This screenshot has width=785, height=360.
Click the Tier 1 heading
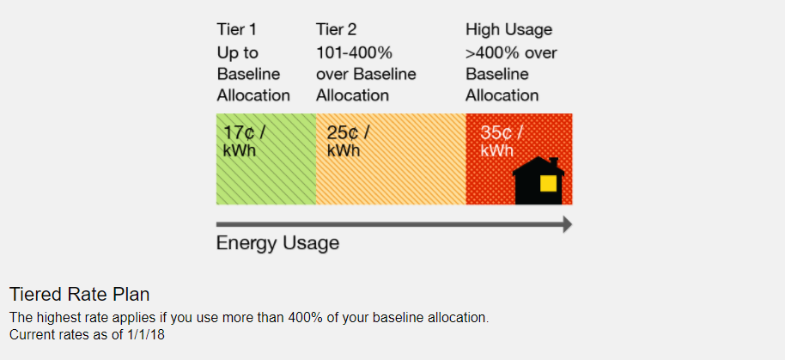(x=236, y=30)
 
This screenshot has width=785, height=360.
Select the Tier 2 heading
(x=337, y=30)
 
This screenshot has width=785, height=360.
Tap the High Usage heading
(x=508, y=30)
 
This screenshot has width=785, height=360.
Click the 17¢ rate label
(x=244, y=133)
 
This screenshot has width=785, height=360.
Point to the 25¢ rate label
(x=348, y=133)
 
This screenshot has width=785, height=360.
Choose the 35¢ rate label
(x=501, y=133)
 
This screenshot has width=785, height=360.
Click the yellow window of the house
(x=549, y=184)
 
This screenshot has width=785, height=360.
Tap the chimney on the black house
(x=553, y=162)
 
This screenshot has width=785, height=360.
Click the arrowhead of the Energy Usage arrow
(x=567, y=224)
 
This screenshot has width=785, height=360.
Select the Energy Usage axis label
(x=277, y=243)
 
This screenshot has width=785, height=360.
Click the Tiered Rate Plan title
(x=79, y=295)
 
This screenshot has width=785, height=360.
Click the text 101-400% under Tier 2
(x=354, y=52)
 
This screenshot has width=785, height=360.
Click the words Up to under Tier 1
(x=237, y=52)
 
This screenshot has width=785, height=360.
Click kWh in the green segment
(x=240, y=150)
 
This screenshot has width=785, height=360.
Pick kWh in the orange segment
(x=344, y=150)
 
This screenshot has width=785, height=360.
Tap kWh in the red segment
(x=496, y=150)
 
